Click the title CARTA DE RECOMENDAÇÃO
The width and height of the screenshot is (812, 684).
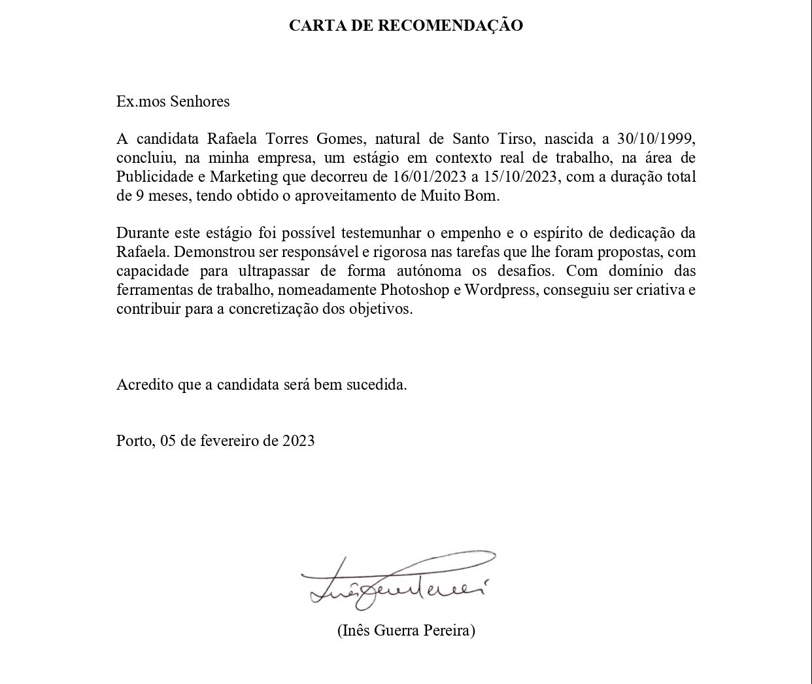[x=406, y=26]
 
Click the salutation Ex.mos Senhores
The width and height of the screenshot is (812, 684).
[x=173, y=101]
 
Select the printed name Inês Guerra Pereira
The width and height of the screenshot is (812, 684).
[x=406, y=631]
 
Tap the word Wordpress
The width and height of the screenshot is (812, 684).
[x=499, y=289]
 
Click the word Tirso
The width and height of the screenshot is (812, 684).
[x=508, y=139]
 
